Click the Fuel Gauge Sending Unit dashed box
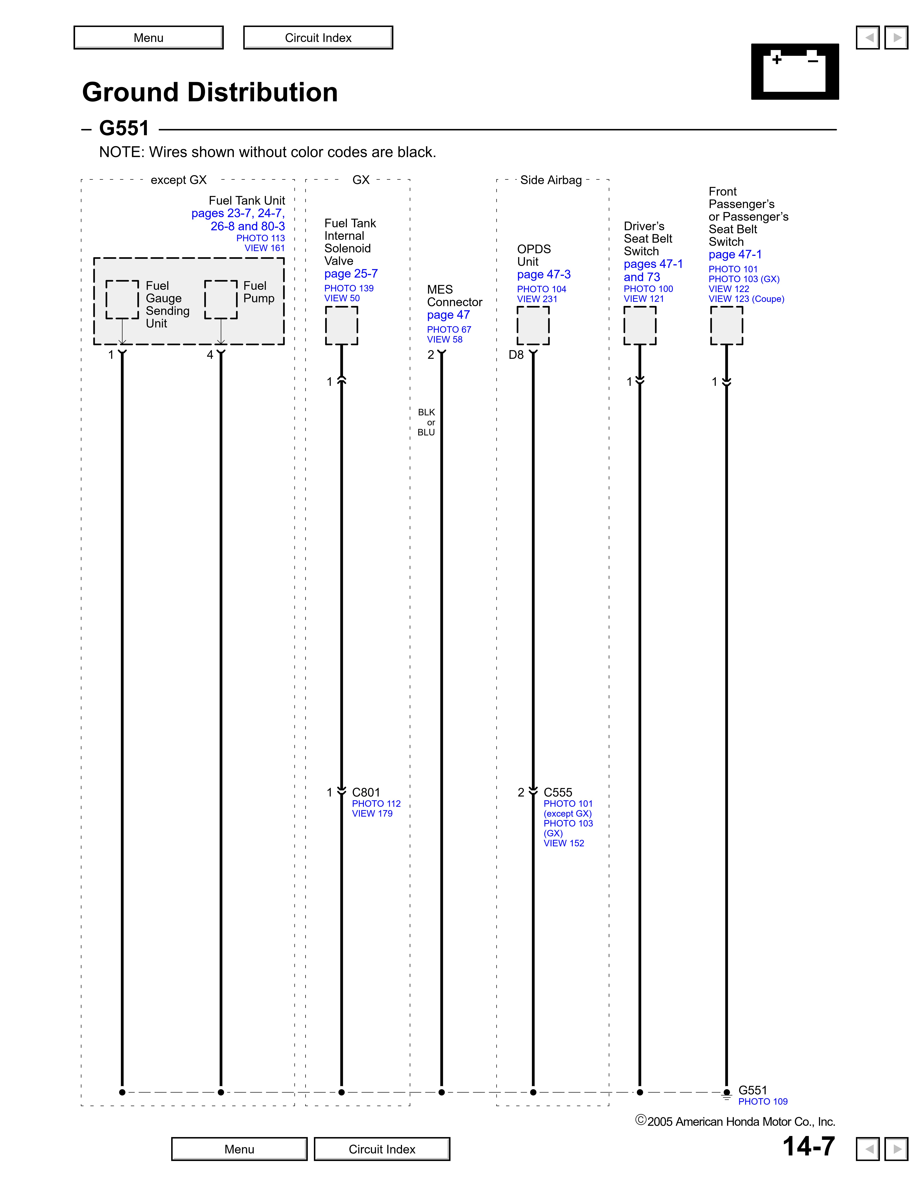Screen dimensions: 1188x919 point(122,300)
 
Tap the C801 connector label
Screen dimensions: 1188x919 point(366,793)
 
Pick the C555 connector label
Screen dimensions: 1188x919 point(558,793)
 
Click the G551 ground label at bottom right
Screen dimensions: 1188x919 point(752,1090)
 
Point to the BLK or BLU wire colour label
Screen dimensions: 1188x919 point(426,422)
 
